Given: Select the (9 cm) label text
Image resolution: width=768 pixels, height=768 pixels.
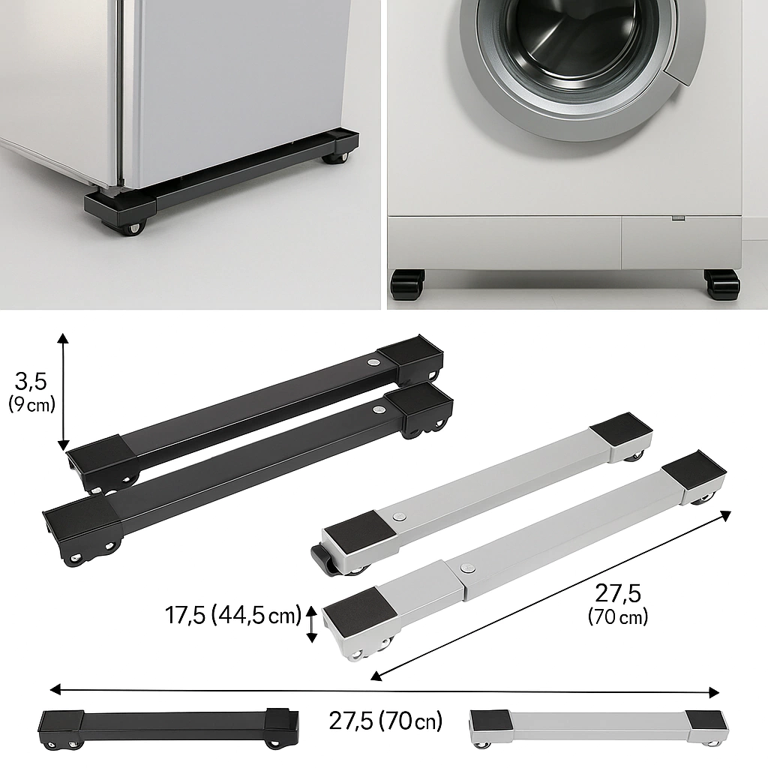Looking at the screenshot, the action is [31, 405].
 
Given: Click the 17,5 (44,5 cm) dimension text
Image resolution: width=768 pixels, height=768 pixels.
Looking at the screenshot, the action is [232, 615].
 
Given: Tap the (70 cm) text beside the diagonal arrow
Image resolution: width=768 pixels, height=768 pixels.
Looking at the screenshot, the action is [618, 616].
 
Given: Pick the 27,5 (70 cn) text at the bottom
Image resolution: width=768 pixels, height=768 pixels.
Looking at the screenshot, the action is [385, 721].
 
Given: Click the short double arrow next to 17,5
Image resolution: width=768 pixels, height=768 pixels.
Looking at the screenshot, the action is [311, 623].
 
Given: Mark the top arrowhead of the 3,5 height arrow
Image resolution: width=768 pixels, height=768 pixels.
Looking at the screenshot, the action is [63, 338].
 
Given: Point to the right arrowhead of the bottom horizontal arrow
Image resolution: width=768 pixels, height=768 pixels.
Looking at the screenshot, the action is [714, 692].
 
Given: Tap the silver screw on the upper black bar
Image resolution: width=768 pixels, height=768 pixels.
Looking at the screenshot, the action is [373, 364].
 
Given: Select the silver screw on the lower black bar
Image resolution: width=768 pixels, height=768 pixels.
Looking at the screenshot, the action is [377, 409].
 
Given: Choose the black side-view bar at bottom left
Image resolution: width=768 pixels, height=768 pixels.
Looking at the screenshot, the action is [169, 728].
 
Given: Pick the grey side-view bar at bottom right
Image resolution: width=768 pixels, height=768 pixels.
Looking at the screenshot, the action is [599, 727].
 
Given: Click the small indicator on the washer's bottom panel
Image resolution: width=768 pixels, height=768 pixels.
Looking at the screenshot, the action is [678, 217].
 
